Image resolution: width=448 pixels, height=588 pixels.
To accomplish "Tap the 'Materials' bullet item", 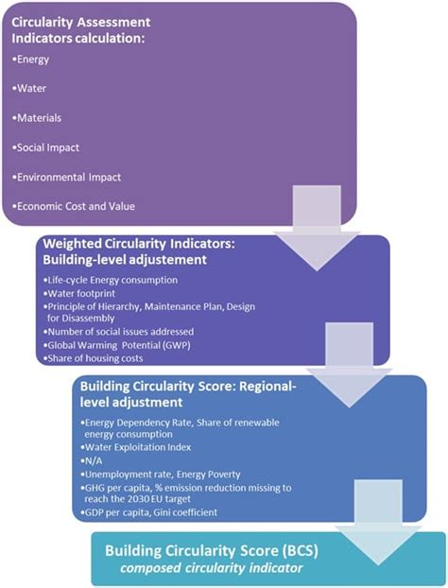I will [40, 119].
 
